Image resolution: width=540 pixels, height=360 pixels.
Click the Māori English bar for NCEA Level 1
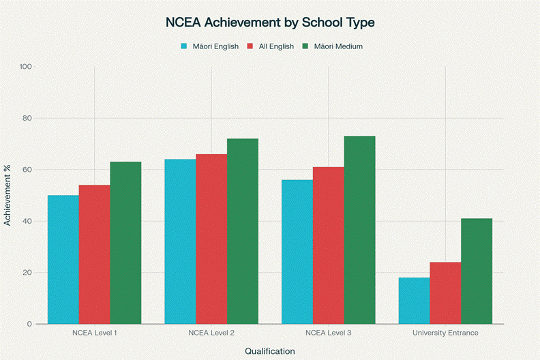63,259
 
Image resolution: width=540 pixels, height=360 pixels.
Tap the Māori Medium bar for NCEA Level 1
125,243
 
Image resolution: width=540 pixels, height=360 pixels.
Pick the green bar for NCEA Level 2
243,231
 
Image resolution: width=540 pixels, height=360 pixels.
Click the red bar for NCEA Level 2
211,239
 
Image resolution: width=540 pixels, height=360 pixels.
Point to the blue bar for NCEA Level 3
297,252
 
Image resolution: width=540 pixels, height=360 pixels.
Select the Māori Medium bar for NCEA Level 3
359,230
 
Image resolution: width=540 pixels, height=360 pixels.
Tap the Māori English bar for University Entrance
414,301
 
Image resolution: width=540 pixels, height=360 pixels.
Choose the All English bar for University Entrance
445,293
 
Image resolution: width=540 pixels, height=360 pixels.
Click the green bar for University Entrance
477,271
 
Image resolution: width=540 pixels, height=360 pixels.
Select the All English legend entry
271,46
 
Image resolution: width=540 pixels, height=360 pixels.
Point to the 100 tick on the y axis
26,67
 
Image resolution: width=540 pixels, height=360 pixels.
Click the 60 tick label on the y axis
28,170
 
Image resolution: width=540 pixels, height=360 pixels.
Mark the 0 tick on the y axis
30,324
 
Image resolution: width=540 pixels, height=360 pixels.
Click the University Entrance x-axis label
445,333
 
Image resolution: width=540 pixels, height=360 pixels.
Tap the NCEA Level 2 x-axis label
211,333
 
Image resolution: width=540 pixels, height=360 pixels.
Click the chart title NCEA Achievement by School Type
270,22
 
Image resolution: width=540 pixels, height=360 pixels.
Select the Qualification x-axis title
270,351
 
